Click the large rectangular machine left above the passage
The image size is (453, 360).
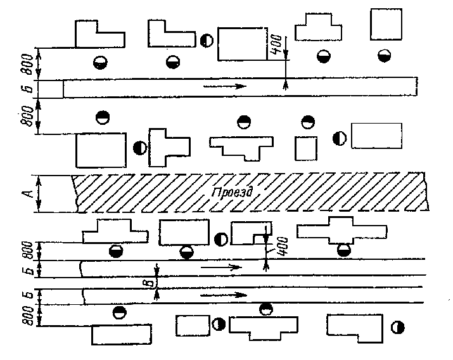pos(101,150)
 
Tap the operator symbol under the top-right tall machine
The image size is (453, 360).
pos(383,55)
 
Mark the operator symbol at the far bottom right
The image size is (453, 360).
pos(398,327)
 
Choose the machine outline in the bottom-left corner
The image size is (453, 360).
pos(121,333)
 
